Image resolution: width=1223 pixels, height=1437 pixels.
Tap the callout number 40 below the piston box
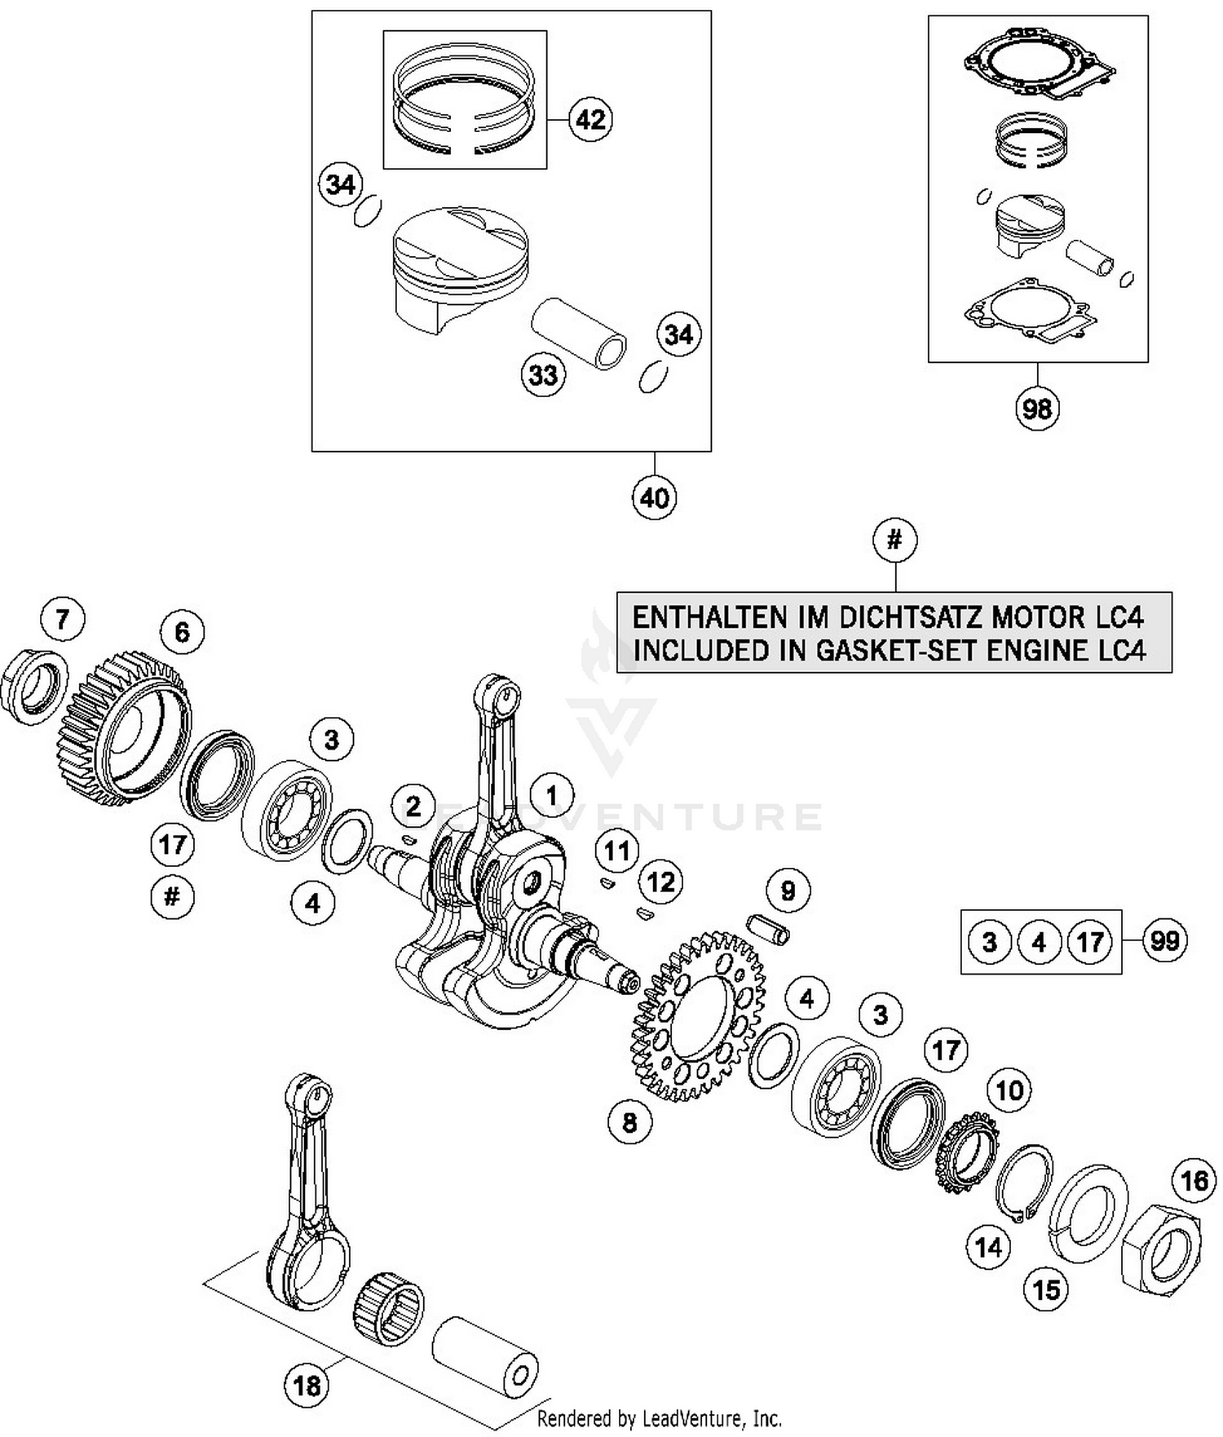tap(654, 497)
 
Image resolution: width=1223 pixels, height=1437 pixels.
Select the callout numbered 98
tap(1037, 408)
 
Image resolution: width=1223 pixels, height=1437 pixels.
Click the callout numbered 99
tap(1163, 941)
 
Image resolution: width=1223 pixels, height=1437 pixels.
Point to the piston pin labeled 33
tap(579, 334)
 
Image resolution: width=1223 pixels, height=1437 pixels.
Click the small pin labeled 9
tap(769, 930)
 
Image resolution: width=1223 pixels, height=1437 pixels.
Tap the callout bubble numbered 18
tap(307, 1385)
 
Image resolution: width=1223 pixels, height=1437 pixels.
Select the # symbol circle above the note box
tap(894, 540)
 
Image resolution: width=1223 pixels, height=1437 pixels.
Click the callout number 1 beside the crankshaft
tap(552, 795)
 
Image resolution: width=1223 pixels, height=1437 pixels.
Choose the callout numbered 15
tap(1046, 1289)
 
